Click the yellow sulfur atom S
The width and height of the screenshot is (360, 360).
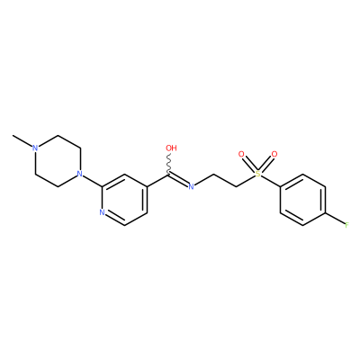coord(257,174)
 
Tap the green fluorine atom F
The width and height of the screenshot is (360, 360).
coord(346,225)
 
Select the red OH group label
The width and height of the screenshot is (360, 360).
coord(171,148)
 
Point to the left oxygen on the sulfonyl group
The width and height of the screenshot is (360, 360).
coord(241,155)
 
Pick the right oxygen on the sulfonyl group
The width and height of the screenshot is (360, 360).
coord(274,155)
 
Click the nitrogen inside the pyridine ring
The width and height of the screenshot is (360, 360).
coord(102,212)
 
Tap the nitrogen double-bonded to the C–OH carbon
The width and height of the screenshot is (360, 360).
coord(191,186)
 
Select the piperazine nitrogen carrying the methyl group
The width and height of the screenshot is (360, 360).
coord(35,148)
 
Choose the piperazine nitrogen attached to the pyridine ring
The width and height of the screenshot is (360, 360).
coord(79,174)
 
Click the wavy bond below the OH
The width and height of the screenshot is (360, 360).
coord(170,164)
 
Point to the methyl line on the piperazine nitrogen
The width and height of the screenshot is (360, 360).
coord(22,141)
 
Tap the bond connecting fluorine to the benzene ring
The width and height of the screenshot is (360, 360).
coord(335,219)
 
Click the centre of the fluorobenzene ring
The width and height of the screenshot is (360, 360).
coord(303,200)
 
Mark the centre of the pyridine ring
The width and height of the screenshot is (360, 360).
coord(124,200)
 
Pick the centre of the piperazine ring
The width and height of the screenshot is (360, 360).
coord(58,161)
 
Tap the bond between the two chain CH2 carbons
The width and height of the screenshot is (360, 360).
coord(225,180)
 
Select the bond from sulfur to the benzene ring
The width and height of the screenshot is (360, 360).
coord(270,181)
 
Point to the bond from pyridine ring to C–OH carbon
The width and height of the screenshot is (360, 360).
coord(158,180)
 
